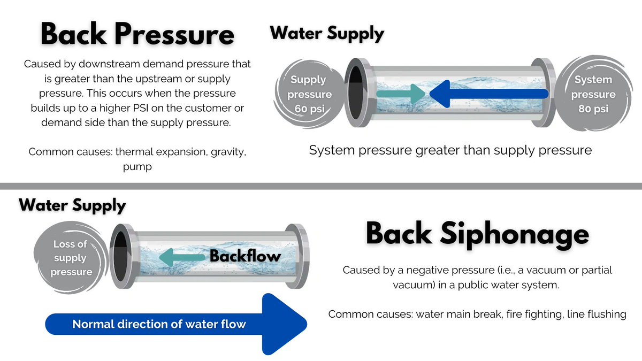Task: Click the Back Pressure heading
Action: tap(137, 34)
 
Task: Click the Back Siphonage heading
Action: tap(477, 234)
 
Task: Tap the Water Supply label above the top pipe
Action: tap(327, 33)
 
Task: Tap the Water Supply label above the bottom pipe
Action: tap(72, 205)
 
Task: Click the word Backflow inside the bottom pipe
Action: tap(245, 256)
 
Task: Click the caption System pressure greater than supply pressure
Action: tap(450, 150)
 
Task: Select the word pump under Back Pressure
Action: tap(137, 167)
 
